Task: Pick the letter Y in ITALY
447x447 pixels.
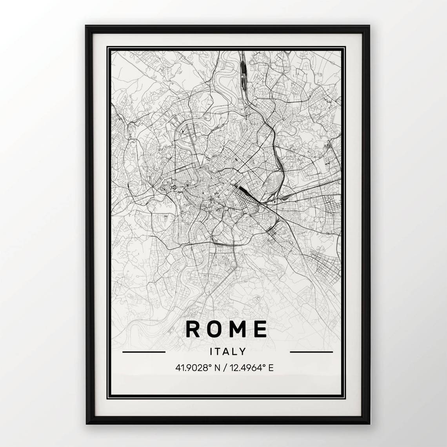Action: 243,351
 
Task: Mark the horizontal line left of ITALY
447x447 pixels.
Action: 144,352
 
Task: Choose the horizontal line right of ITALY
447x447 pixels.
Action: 311,352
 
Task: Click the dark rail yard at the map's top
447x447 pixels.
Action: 243,73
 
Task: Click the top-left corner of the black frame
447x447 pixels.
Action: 87,27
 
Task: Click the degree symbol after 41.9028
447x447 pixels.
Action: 210,365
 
